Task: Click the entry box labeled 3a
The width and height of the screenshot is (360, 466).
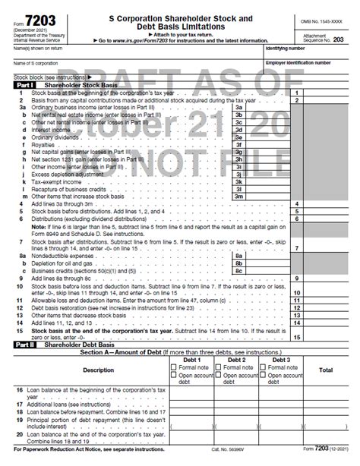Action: click(x=238, y=108)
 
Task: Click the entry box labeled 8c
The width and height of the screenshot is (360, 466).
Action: click(x=238, y=269)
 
